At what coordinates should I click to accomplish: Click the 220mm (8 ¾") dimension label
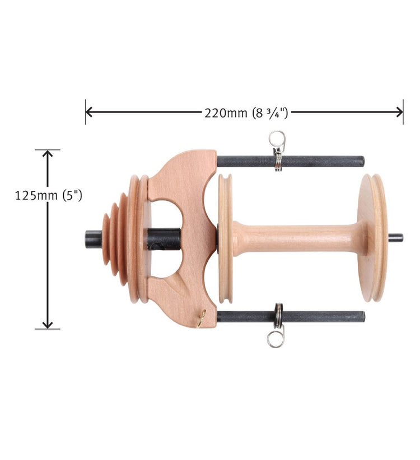246,113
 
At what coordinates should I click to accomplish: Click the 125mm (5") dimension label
48,195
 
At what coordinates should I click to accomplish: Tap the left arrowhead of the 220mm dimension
89,112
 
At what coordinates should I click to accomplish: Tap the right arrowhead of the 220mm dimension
399,112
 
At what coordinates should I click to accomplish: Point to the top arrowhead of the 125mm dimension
48,153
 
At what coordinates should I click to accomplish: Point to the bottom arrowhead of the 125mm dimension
48,325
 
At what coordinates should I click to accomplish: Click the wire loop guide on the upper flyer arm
277,149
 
